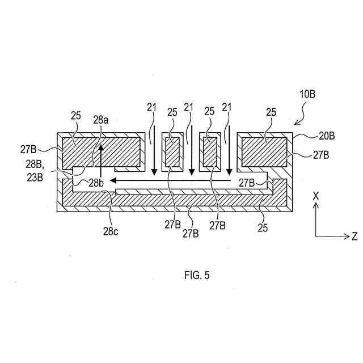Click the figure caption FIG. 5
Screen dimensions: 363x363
(x=197, y=276)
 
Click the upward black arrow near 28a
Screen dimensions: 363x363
(x=101, y=159)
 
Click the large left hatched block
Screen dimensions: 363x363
(x=101, y=152)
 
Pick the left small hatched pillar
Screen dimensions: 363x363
(x=172, y=154)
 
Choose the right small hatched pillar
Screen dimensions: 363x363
(x=210, y=154)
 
